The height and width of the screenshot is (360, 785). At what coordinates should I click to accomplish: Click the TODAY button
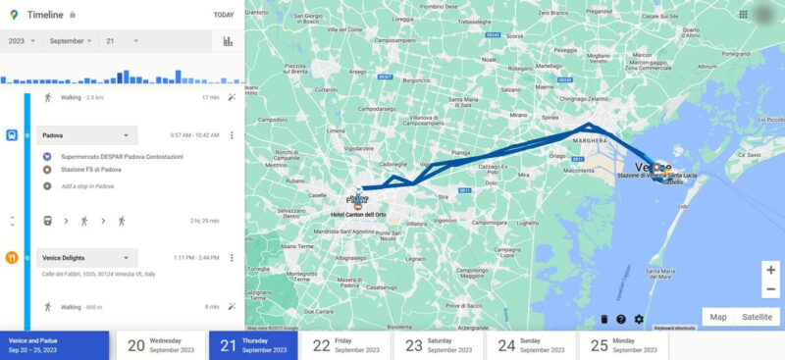coord(223,15)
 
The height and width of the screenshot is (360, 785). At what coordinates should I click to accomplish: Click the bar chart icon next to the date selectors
coord(228,41)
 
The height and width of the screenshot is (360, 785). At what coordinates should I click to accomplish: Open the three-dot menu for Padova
coord(232,135)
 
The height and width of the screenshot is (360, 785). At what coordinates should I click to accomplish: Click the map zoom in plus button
coord(770,269)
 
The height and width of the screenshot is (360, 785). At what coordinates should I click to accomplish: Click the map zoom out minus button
coord(770,289)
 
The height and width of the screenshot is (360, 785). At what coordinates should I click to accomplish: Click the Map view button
coord(718,317)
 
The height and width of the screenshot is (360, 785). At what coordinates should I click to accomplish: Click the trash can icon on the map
coord(603,319)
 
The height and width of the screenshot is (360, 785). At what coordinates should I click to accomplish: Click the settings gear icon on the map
coord(639,319)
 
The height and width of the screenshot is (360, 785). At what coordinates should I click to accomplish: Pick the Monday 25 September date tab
coord(623,345)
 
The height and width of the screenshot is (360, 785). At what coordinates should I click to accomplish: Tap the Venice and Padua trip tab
coord(54,345)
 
